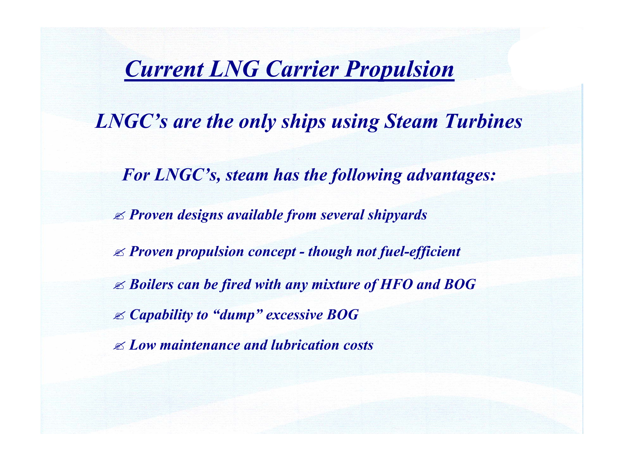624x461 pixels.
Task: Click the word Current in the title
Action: (164, 69)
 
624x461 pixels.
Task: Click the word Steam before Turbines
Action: (411, 122)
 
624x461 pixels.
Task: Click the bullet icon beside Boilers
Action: (119, 286)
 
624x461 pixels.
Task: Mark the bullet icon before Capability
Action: (119, 316)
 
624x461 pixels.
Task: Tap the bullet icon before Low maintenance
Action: (119, 346)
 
